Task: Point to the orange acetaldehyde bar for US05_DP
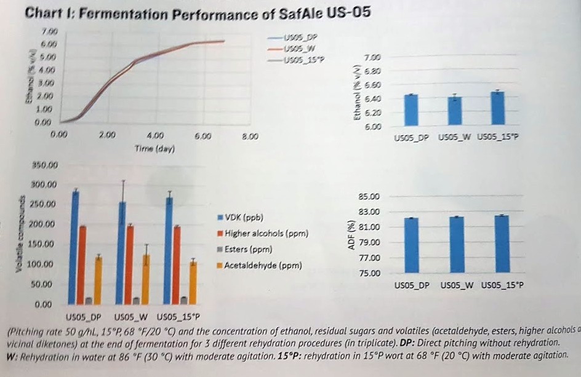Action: (x=98, y=280)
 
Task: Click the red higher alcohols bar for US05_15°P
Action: (x=177, y=264)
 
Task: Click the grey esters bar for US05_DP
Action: (x=90, y=300)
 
